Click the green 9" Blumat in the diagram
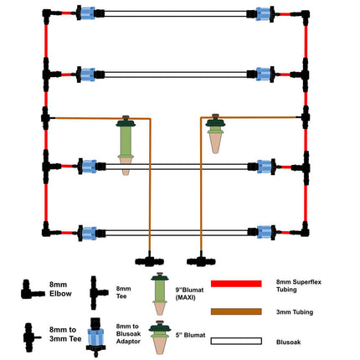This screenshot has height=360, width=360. tap(126, 144)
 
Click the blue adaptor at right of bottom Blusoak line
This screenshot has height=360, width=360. tap(267, 231)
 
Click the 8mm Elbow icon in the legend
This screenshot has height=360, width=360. tap(31, 291)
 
